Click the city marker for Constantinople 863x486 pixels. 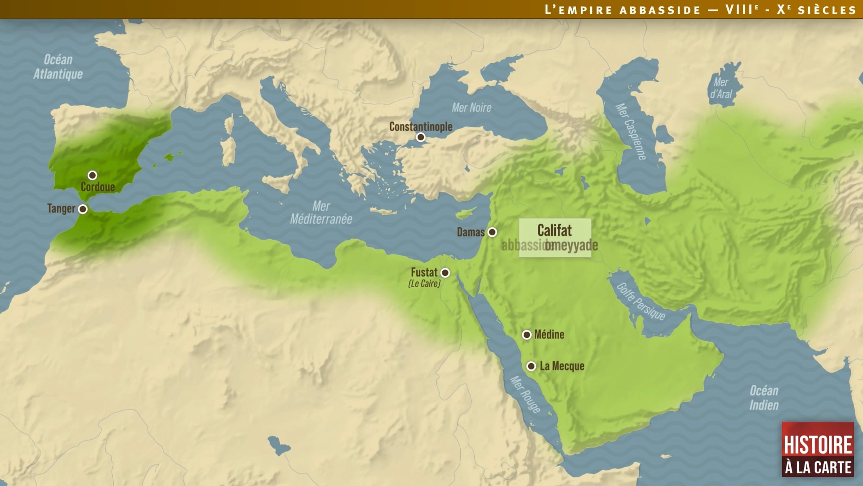point(421,137)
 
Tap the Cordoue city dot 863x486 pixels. point(92,175)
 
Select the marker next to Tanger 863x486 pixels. point(83,209)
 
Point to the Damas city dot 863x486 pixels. point(492,232)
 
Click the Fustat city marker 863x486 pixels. point(445,273)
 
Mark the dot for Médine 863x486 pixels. point(527,335)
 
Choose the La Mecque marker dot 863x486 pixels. point(531,366)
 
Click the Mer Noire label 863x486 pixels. point(471,108)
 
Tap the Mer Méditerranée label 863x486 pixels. point(321,212)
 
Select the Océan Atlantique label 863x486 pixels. point(58,67)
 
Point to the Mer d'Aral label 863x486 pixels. point(721,88)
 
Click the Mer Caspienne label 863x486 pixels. point(631,131)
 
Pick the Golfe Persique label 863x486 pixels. point(641,301)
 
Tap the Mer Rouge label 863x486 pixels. point(525,395)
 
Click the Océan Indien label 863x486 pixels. point(764,398)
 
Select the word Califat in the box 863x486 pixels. point(554,230)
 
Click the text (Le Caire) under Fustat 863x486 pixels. point(424,283)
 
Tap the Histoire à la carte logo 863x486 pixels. point(818,449)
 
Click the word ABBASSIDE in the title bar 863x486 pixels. point(660,10)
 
